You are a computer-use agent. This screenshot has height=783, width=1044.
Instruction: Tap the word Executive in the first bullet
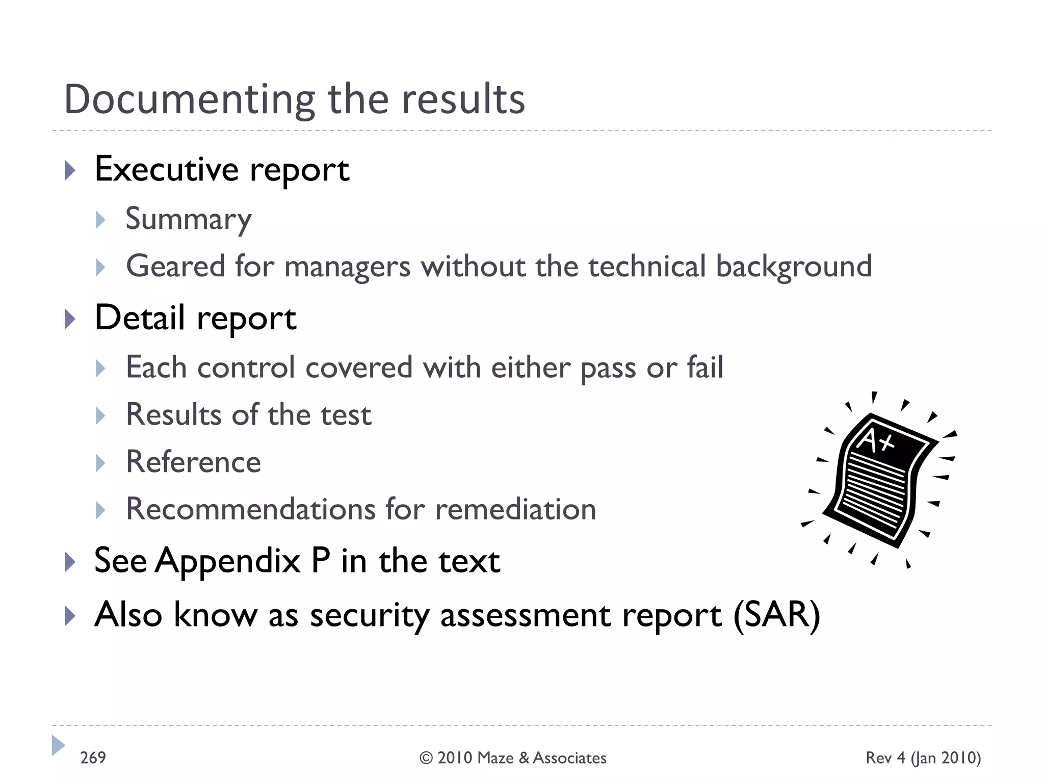[166, 169]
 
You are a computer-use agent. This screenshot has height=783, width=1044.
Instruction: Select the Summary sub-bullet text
[189, 219]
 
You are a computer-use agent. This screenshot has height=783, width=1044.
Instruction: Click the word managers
[347, 267]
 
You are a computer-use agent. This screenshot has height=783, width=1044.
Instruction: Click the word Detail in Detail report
[139, 318]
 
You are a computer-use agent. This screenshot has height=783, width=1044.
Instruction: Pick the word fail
[704, 367]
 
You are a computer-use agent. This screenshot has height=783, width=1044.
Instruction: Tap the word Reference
[193, 462]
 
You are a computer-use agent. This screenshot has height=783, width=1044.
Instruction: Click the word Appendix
[228, 561]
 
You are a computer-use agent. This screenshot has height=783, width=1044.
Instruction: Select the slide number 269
[93, 758]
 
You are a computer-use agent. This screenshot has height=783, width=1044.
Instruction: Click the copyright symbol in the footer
[426, 758]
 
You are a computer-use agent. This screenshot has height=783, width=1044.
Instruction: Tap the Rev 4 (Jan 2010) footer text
[923, 758]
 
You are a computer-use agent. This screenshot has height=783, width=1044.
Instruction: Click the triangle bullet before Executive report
[70, 170]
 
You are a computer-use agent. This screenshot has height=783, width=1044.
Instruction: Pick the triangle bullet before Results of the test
[100, 415]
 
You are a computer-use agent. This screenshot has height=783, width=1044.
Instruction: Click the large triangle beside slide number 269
[58, 745]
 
